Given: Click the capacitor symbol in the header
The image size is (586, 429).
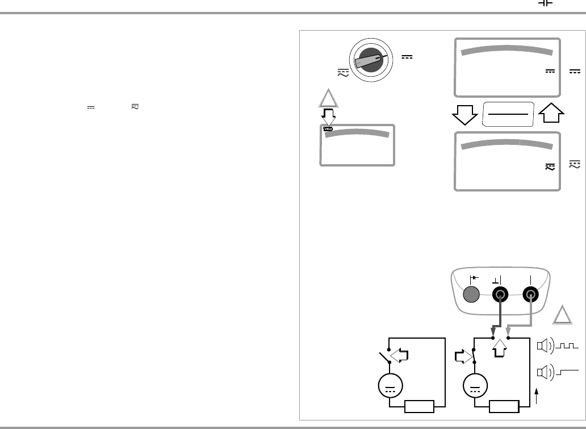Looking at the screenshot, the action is point(546,3).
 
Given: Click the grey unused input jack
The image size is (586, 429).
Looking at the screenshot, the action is point(471,294).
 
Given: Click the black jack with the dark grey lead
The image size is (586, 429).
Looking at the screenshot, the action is point(500,294).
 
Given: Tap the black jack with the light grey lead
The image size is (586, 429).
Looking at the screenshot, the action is point(531,294).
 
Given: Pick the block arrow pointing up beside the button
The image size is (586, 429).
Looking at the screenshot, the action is point(550,114).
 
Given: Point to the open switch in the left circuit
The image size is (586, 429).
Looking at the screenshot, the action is point(384,357).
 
